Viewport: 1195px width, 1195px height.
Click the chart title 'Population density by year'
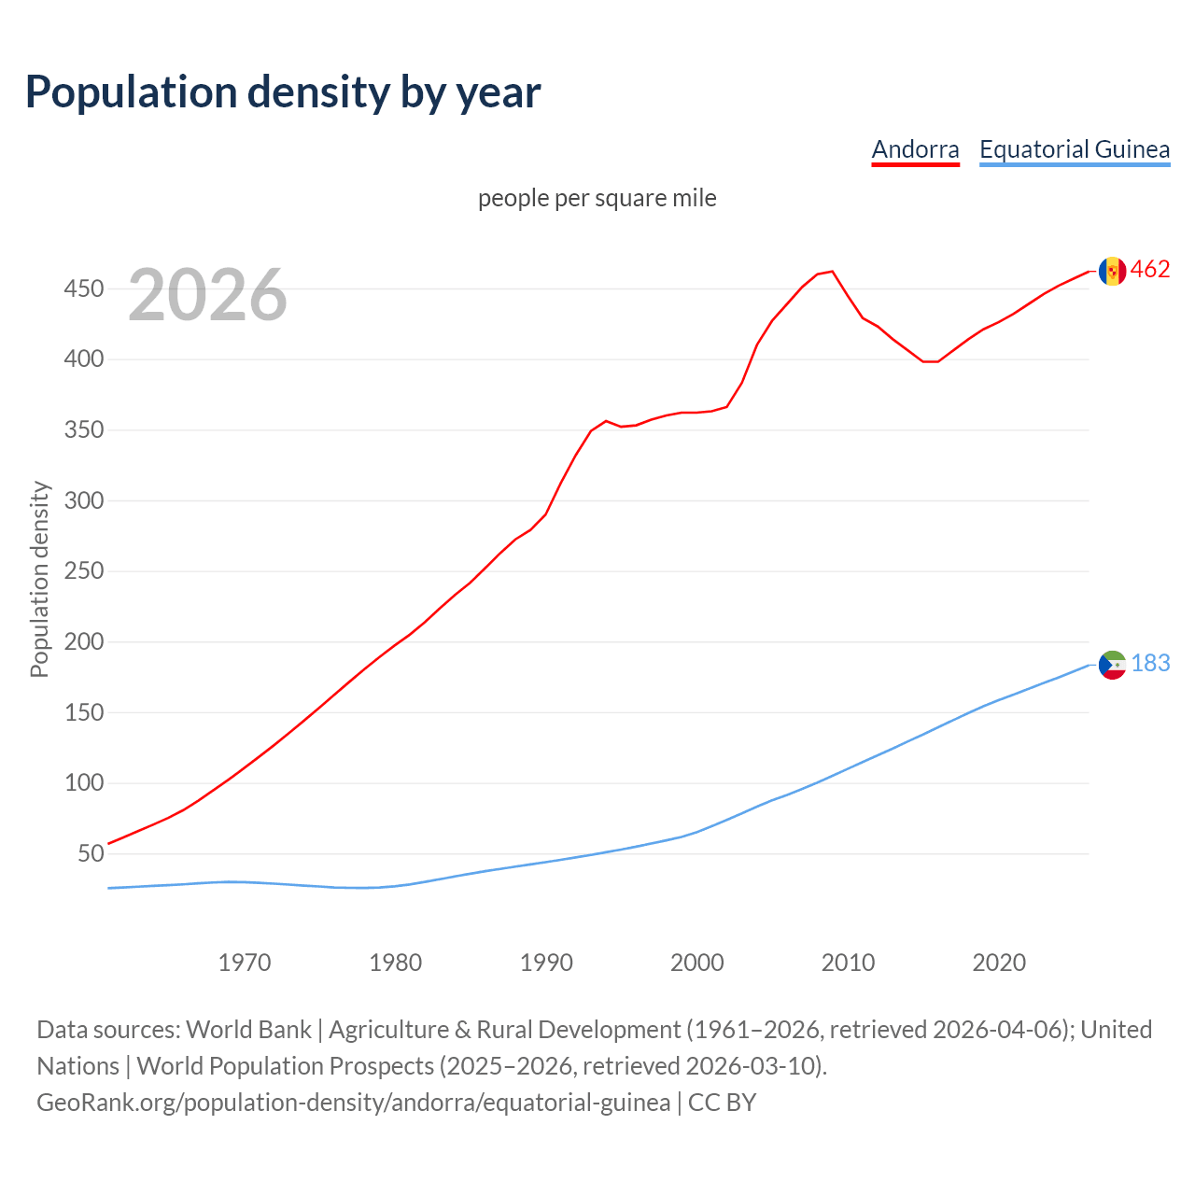pos(283,92)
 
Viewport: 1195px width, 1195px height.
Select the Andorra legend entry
pos(915,149)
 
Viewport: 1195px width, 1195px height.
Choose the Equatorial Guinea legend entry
pos(1074,149)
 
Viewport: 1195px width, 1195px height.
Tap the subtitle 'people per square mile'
pos(597,198)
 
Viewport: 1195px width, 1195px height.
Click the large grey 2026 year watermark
pos(207,295)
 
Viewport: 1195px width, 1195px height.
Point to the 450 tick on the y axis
pos(83,289)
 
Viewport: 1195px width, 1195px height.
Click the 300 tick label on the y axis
pos(83,500)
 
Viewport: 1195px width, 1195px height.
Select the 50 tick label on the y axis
pos(90,853)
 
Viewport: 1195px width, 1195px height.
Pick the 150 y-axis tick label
pos(83,712)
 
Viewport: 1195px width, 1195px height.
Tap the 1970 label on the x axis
pos(245,963)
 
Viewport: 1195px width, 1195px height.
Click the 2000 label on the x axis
pos(697,963)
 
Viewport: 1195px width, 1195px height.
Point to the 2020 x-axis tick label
pos(999,963)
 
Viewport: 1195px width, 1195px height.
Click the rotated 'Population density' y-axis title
pos(39,579)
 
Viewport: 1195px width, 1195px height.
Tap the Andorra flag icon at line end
pos(1112,271)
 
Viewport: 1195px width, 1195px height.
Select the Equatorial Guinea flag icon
pos(1112,665)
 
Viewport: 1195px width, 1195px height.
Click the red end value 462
pos(1150,270)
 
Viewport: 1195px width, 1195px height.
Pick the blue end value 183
pos(1150,663)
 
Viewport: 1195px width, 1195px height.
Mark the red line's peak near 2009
pos(832,272)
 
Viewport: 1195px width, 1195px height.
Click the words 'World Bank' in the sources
pos(248,1030)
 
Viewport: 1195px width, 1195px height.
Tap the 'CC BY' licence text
pos(722,1103)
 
